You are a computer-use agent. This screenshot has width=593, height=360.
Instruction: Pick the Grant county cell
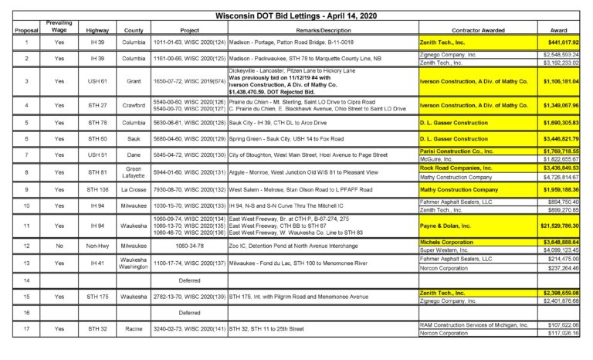coord(135,80)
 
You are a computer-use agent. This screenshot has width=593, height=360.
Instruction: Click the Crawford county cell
coord(135,105)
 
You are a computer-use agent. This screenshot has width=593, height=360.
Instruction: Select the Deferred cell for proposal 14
coord(189,280)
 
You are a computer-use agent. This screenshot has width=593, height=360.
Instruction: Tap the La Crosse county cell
coord(135,188)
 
